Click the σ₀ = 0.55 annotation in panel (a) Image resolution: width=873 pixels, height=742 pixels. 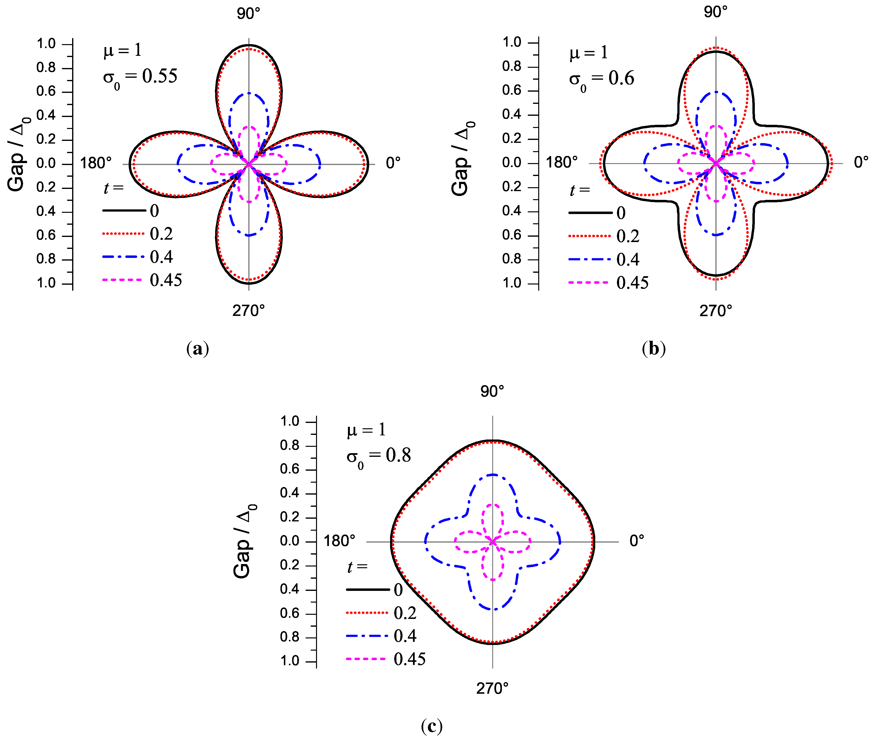click(x=140, y=78)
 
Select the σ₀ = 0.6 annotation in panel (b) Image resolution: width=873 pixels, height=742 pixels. click(x=601, y=80)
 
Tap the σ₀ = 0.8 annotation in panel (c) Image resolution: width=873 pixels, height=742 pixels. click(x=378, y=456)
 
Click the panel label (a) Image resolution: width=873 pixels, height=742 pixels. click(x=197, y=349)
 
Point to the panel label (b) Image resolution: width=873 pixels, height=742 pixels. click(x=654, y=349)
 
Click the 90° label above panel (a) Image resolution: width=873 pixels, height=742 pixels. click(x=249, y=14)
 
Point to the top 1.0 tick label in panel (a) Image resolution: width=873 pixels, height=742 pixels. click(x=46, y=43)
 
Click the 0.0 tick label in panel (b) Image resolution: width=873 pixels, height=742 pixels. click(x=512, y=163)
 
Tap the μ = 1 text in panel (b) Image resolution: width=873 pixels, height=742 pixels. click(x=589, y=53)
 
